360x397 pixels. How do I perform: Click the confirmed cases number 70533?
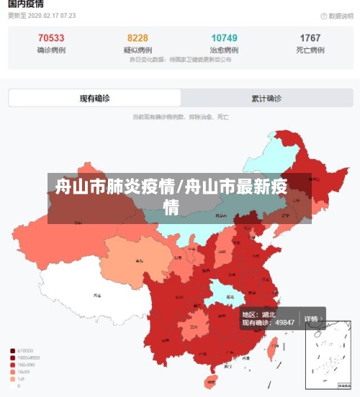tap(51, 38)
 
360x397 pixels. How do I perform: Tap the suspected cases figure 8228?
tap(138, 38)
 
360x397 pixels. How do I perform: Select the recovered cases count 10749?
tap(224, 38)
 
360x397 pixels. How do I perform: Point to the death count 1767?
tap(310, 38)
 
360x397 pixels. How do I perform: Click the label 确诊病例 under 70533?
tap(51, 50)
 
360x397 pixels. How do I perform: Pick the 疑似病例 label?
tap(138, 50)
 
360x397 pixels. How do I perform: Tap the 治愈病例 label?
tap(224, 50)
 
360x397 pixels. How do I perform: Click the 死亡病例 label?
tap(310, 50)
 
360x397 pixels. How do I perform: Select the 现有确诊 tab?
tap(94, 98)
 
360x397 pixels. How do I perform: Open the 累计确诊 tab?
tap(266, 98)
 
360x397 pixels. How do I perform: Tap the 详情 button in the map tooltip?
tap(311, 318)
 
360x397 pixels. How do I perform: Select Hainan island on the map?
tap(211, 380)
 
